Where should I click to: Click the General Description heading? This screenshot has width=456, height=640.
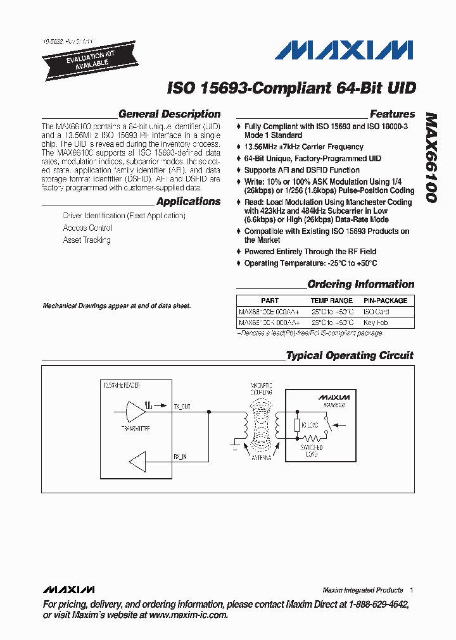(169, 114)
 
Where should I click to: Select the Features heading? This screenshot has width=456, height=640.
(392, 114)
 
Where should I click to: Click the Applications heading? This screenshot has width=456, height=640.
(188, 202)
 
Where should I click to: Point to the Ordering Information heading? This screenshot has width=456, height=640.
(360, 285)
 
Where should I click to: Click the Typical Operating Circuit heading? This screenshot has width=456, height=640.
(350, 355)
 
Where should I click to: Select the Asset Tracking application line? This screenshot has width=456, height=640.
(87, 240)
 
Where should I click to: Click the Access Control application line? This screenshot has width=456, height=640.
(87, 228)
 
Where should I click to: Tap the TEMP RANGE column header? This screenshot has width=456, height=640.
(331, 300)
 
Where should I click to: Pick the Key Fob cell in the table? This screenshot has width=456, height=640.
(376, 323)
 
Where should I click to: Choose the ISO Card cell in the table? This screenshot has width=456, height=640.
(376, 312)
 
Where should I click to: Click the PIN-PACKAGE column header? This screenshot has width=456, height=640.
(385, 300)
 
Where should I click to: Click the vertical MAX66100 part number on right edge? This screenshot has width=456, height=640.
(430, 158)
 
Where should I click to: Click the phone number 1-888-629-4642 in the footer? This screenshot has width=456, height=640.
(378, 605)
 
